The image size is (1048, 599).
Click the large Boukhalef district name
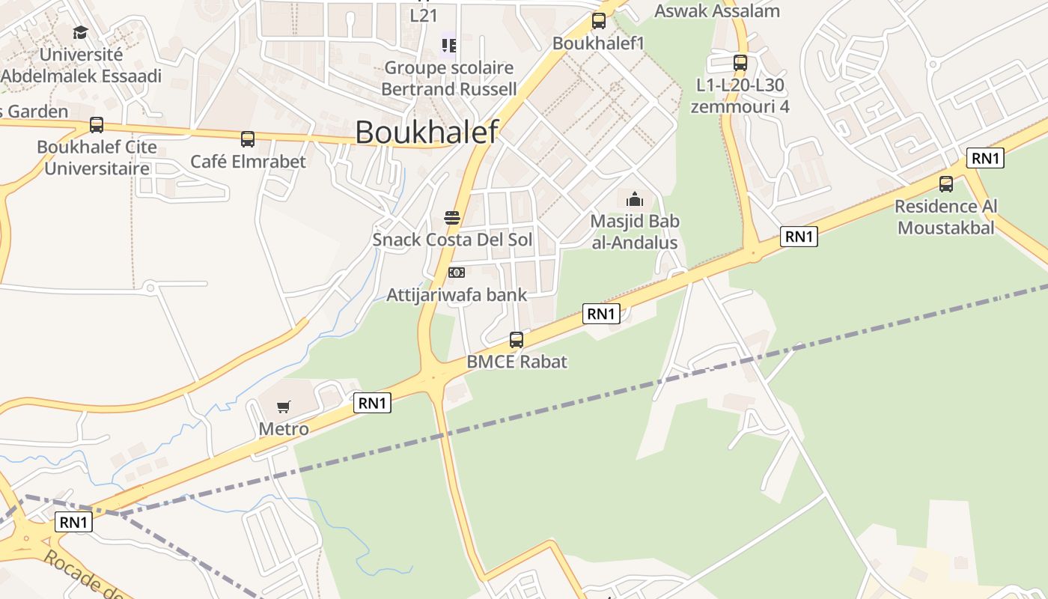coord(426,132)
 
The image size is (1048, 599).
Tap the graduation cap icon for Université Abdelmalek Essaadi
coord(80,32)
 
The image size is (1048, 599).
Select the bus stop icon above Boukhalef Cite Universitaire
coord(97,125)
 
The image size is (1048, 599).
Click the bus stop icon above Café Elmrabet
coord(248,139)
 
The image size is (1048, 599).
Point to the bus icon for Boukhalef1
coord(599,21)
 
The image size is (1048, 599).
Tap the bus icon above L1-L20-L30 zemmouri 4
coord(740,63)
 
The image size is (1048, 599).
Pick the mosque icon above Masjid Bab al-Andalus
coord(635,199)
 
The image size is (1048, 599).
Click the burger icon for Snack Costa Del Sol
coord(452,218)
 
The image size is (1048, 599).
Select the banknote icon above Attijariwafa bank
coord(456,273)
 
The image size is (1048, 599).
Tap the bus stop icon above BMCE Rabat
coord(517,340)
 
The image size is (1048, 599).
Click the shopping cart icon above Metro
coord(283,407)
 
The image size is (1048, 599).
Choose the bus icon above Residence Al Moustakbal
coord(946,184)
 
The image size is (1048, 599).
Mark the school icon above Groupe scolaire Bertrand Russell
coord(448,46)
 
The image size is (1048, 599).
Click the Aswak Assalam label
coord(717,10)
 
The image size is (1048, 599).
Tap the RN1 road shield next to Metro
coord(372,403)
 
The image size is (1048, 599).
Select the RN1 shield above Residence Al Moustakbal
coord(985,158)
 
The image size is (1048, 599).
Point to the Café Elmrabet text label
coord(248,161)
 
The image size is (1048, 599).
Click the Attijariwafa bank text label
coord(457,294)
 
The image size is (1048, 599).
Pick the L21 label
coord(424,14)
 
